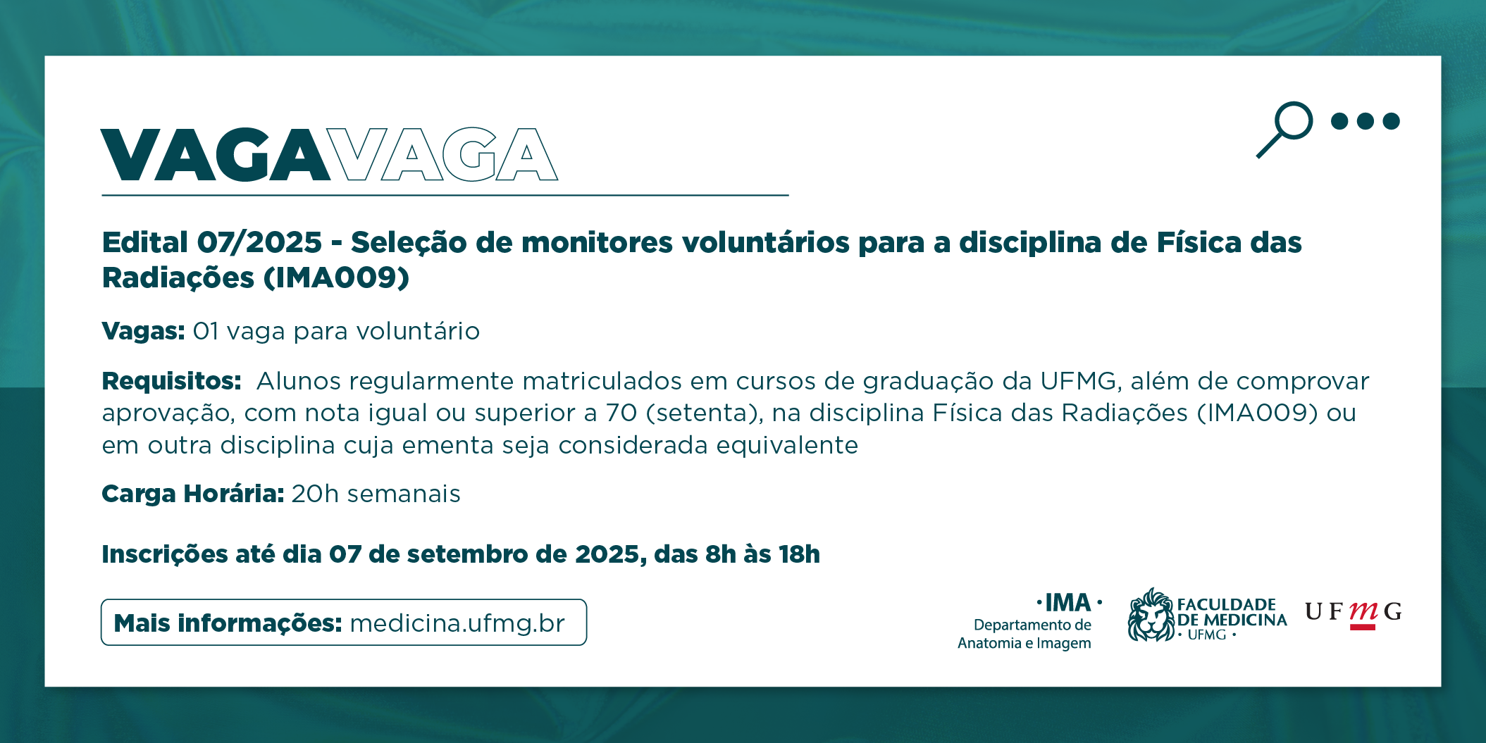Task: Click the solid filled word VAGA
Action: point(216,155)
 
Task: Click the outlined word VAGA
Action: point(444,155)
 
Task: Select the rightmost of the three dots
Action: point(1391,121)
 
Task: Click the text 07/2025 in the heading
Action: point(259,242)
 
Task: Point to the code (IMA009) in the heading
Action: point(336,277)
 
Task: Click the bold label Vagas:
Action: point(143,331)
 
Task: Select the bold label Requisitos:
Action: point(171,381)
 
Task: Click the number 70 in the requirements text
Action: point(621,413)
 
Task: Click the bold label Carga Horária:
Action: point(193,494)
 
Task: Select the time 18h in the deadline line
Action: point(799,554)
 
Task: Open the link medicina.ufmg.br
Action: point(457,623)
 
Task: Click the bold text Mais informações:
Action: point(228,623)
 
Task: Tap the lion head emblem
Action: point(1151,615)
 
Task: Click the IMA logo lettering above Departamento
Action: point(1068,603)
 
